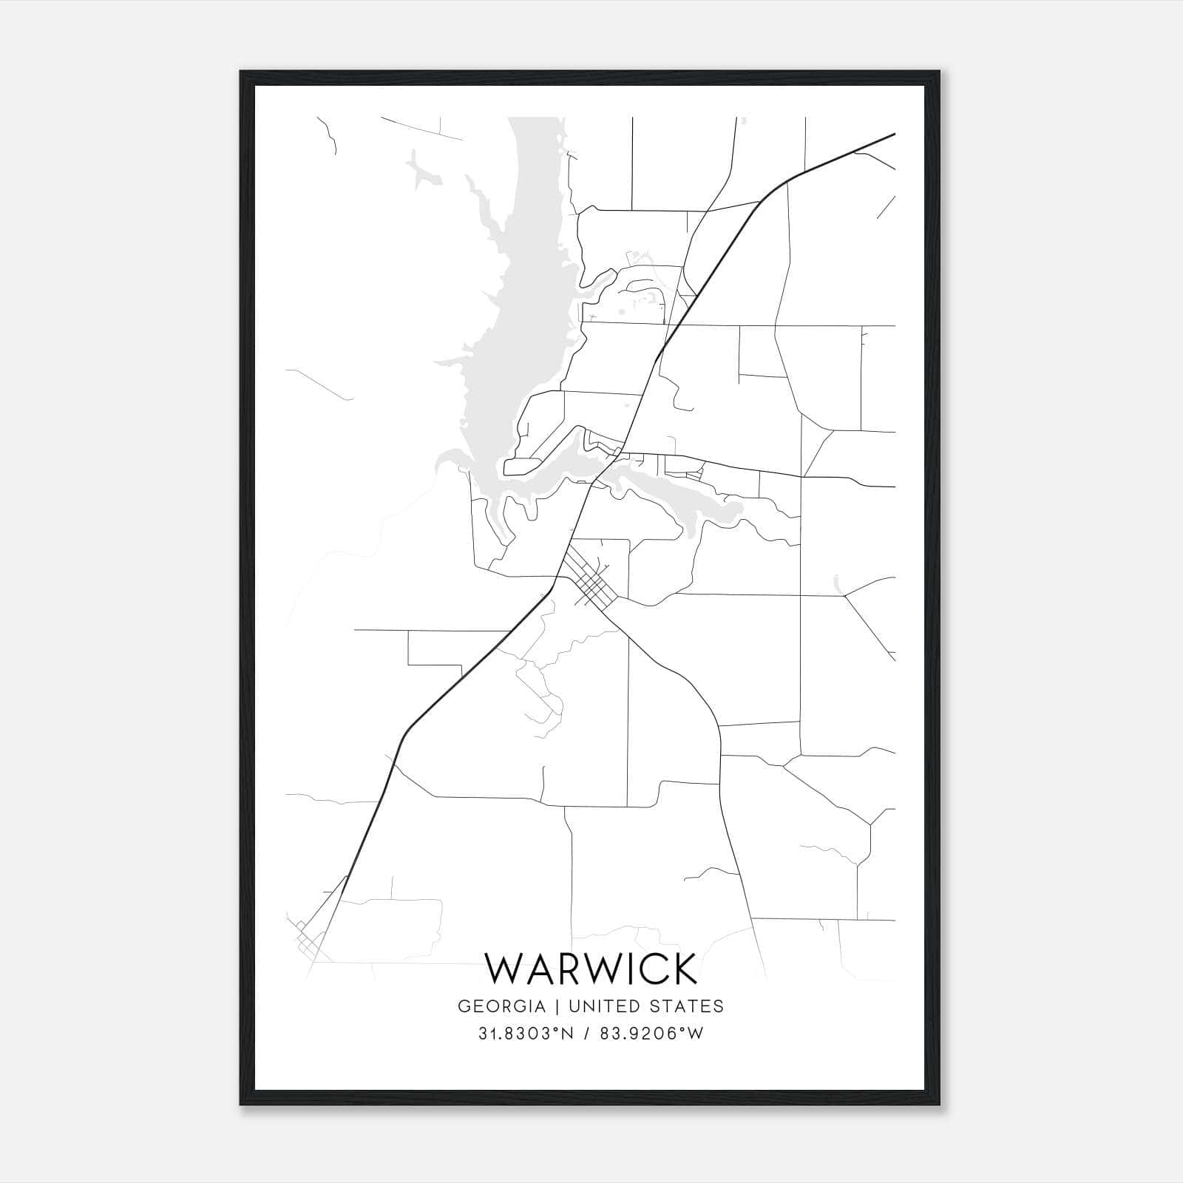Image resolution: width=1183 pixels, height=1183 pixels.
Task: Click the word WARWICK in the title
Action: point(591,969)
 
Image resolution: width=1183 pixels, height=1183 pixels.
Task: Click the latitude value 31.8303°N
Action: point(526,1034)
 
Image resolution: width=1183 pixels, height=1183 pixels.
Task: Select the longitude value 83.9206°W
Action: point(645,1034)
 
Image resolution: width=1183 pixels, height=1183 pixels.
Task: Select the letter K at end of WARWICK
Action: point(684,969)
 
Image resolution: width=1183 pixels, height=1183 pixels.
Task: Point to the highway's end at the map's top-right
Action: point(894,135)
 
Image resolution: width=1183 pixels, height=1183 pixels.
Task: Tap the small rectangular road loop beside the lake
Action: point(521,467)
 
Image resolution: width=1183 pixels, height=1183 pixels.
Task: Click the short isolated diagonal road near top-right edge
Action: point(886,208)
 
